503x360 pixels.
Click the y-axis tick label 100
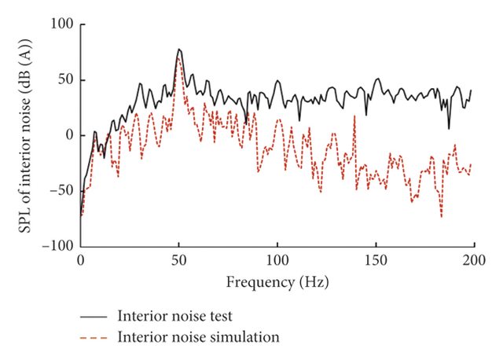[62, 24]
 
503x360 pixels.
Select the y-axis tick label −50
[61, 191]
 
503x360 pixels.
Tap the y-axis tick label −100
[57, 246]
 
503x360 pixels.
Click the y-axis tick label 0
[69, 135]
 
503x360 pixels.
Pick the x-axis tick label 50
[178, 259]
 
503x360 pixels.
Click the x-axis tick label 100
[277, 259]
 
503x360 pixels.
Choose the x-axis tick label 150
[376, 259]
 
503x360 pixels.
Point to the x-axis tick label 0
[80, 259]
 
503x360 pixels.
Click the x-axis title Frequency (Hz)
[277, 281]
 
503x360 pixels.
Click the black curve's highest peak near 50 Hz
[179, 49]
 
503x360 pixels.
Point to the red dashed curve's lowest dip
[442, 218]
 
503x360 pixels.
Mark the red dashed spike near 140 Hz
[356, 118]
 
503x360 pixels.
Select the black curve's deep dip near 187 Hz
[449, 128]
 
